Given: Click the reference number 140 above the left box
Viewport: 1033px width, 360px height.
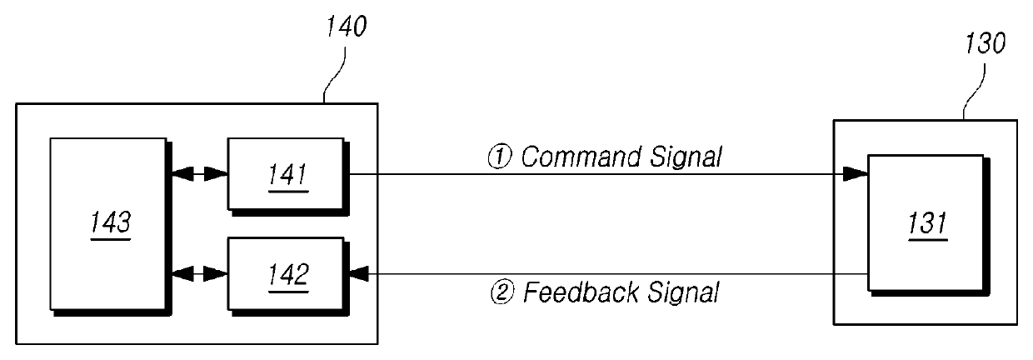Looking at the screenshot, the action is coord(347,27).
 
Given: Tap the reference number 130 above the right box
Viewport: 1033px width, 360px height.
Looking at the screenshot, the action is coord(985,43).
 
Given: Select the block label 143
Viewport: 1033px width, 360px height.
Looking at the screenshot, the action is coord(111,222).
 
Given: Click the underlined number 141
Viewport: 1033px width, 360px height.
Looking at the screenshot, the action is coord(288,174).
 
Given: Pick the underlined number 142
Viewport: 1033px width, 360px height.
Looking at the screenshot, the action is coord(289,275).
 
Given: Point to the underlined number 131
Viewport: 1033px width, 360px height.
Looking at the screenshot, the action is coord(927,223).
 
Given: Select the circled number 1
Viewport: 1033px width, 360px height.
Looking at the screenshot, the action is coord(500,157).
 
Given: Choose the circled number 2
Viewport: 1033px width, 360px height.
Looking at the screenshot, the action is coord(502,292).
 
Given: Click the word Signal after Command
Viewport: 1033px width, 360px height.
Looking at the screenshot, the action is coord(686,157).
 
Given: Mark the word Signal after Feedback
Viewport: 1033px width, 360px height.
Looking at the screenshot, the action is coord(683,293).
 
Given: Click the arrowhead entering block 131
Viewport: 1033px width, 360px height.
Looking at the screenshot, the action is coord(856,174).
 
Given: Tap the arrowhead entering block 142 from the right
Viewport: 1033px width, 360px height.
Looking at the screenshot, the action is coord(359,273).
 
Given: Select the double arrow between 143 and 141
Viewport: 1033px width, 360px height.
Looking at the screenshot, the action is coord(200,174).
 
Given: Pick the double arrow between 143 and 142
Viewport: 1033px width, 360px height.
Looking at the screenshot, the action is coord(200,273).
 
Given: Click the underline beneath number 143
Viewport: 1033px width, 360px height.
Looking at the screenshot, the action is coord(111,239).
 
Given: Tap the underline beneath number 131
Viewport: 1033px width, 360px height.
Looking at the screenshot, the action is coord(927,241).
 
